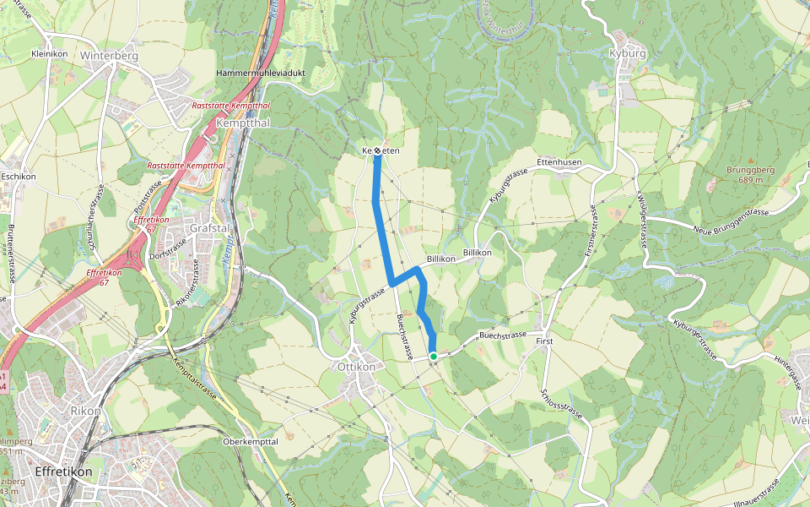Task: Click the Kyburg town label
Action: [x=627, y=52]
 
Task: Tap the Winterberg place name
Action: [x=108, y=57]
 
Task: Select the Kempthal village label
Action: [x=243, y=123]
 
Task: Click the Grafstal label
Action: [x=210, y=228]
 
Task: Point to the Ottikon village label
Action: [x=355, y=368]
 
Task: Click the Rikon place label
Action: [x=85, y=412]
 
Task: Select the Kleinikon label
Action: [x=48, y=52]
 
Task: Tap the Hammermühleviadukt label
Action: [x=261, y=74]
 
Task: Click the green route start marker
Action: [x=433, y=357]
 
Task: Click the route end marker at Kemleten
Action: [x=379, y=150]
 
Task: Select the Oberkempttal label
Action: [x=251, y=442]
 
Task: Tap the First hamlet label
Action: [x=545, y=341]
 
